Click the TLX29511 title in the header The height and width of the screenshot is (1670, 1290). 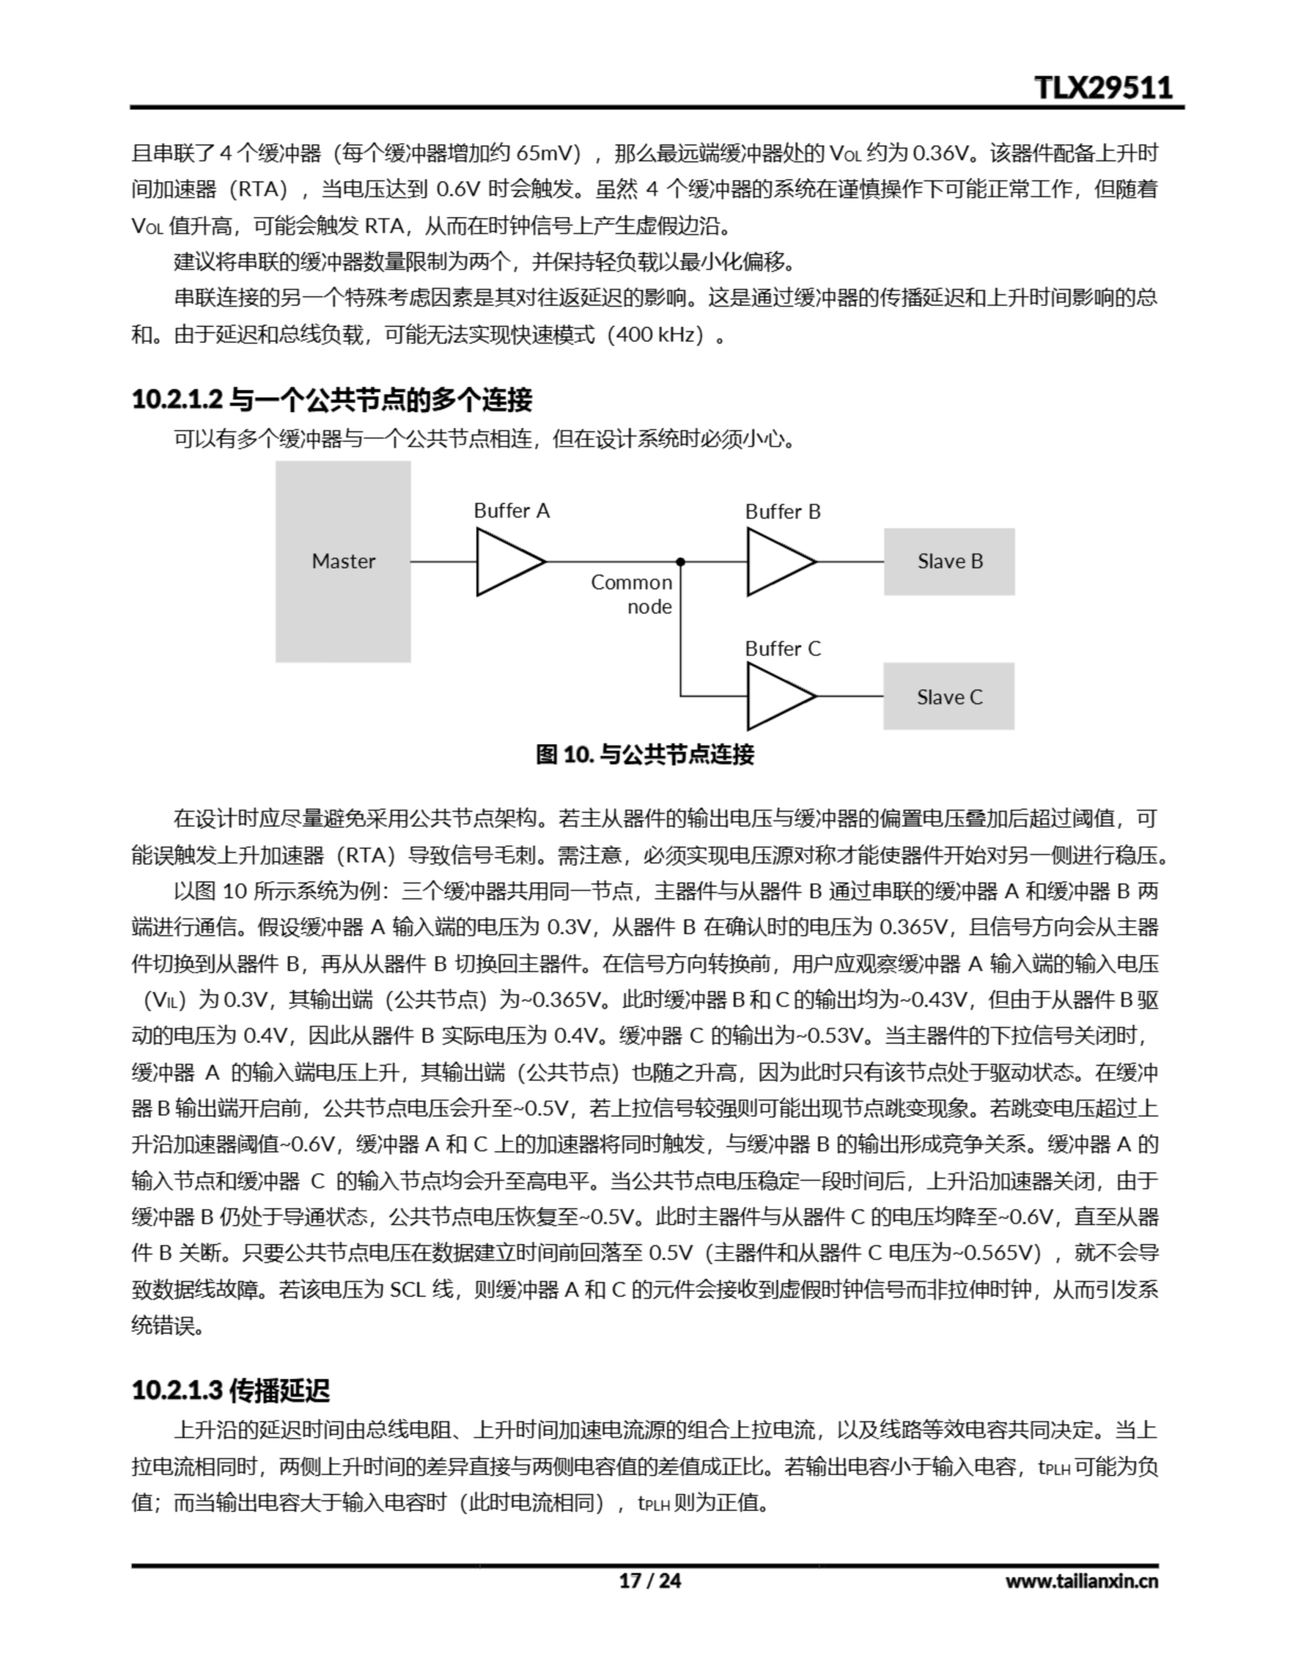(x=1103, y=87)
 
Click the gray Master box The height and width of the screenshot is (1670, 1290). (x=342, y=561)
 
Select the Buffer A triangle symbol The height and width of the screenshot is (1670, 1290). (x=507, y=562)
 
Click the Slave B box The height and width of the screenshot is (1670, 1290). (x=949, y=561)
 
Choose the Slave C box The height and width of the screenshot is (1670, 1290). (x=948, y=697)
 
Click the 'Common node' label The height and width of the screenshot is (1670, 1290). (x=631, y=594)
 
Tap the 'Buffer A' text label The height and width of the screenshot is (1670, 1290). (x=511, y=511)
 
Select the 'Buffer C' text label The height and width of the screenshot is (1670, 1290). (x=782, y=649)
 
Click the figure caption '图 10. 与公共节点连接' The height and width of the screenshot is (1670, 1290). (x=644, y=755)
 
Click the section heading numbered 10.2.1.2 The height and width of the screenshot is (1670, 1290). (x=332, y=399)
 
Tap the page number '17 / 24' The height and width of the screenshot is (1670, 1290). (x=649, y=1580)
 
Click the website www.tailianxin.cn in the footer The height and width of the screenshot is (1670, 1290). (x=1081, y=1581)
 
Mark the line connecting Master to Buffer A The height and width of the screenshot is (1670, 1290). (x=443, y=562)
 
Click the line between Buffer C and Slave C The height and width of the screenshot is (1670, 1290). (x=850, y=697)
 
